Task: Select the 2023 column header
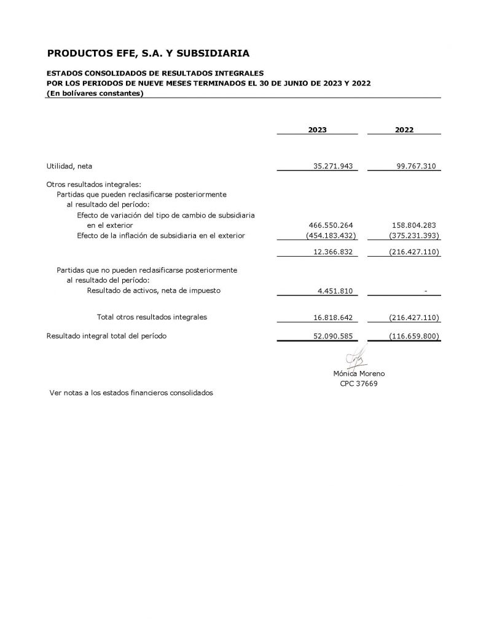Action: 317,130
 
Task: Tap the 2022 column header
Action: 404,130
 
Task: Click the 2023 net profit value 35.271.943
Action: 332,166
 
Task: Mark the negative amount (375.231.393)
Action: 414,235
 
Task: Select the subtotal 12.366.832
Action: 332,252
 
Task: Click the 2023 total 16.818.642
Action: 332,318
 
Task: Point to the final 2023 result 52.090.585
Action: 332,337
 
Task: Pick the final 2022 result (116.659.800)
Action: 414,337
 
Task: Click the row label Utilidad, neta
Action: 69,166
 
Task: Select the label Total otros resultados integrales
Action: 152,317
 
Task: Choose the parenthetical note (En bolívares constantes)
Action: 95,93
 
